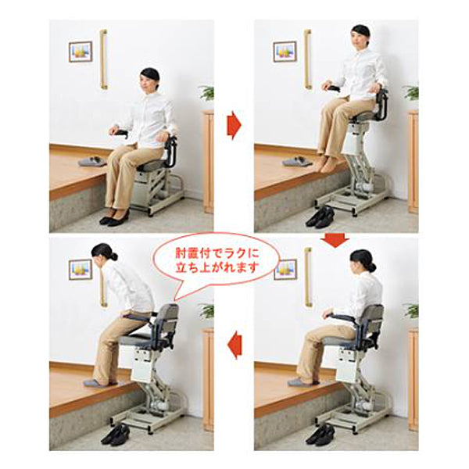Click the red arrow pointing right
point(234,125)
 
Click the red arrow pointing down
point(335,241)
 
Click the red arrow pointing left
point(234,345)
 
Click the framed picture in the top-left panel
point(81,52)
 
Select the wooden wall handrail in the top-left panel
point(103,59)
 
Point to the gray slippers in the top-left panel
point(92,161)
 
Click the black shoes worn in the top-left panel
point(115,219)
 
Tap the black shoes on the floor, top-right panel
point(320,217)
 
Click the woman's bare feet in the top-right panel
point(325,163)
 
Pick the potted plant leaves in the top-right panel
point(411,93)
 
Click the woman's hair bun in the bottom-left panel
point(113,256)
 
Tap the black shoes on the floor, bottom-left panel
point(116,435)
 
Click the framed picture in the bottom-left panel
point(81,270)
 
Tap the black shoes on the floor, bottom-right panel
point(320,435)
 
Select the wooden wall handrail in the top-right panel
point(308,59)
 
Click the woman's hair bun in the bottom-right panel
point(372,267)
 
